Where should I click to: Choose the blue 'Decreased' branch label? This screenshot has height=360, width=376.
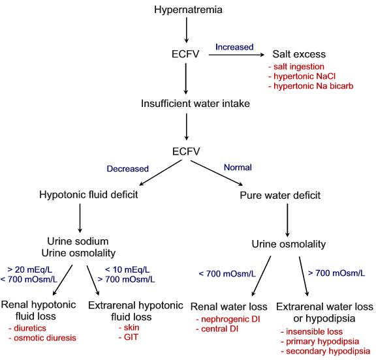pos(116,167)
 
